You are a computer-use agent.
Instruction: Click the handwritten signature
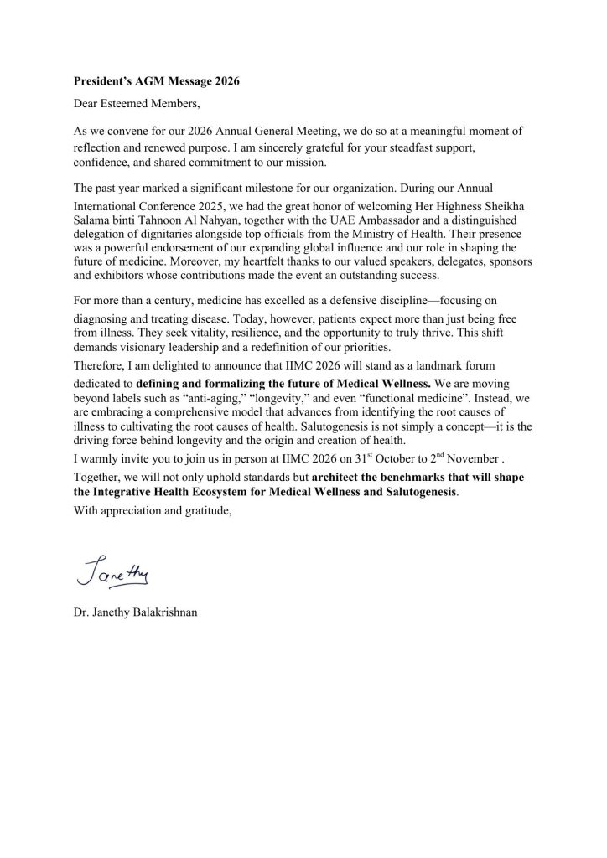111,573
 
